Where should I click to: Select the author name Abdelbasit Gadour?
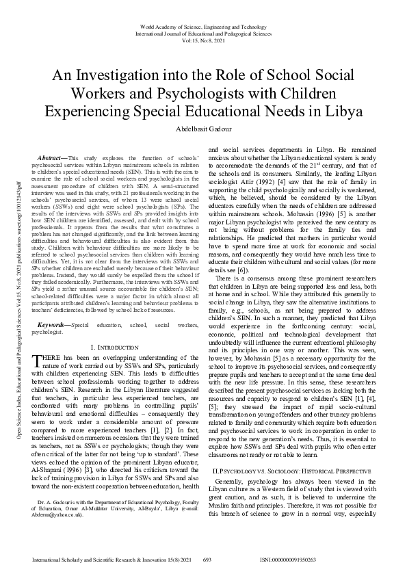coord(203,129)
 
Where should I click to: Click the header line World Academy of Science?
coord(203,24)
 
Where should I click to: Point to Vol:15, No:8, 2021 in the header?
coord(203,39)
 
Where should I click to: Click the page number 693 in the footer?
coord(204,559)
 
